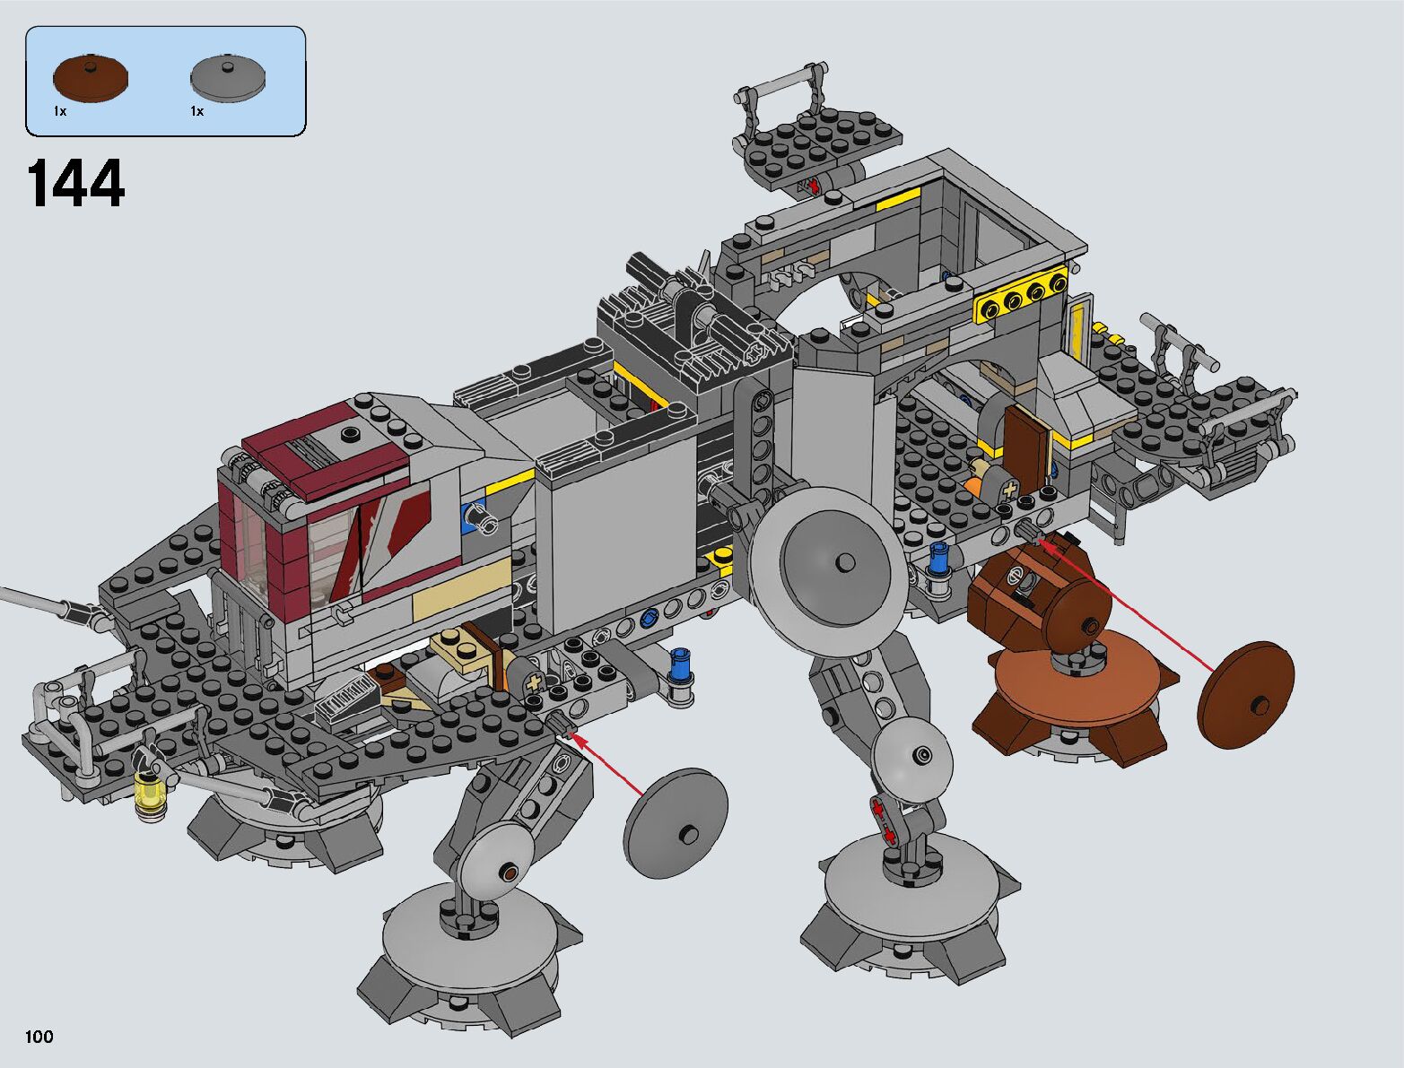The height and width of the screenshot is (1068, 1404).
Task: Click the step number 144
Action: (75, 184)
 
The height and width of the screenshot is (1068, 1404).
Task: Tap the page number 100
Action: (39, 1036)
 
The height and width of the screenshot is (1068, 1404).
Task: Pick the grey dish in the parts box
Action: (228, 79)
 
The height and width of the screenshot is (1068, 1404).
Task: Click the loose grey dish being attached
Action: (676, 823)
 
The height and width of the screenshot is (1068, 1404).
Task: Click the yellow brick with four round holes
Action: (1021, 300)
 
